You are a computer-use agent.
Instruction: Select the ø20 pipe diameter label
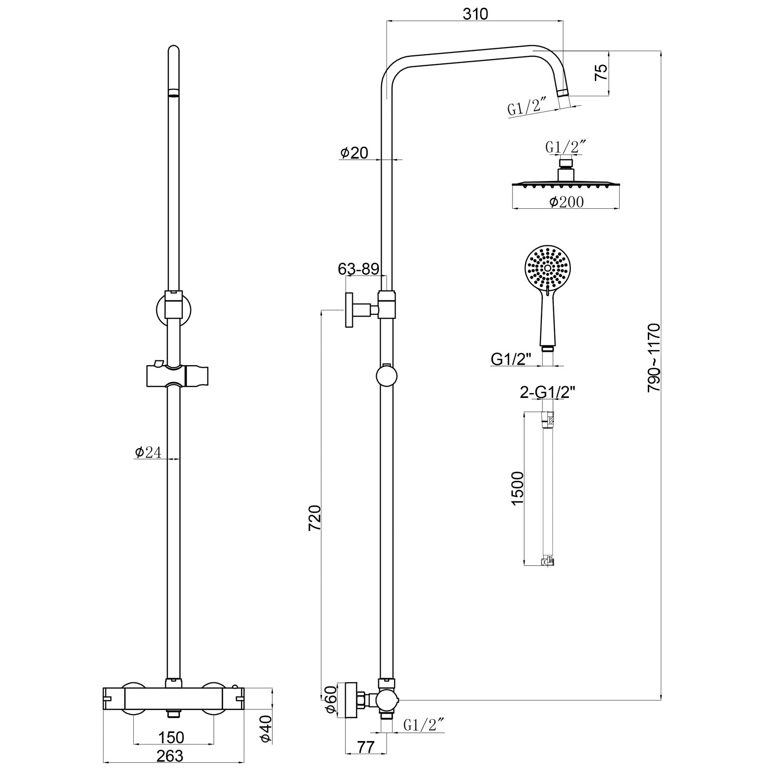tap(354, 153)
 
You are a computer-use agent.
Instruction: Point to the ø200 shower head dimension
tap(566, 202)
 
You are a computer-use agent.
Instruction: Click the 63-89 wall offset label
tap(359, 269)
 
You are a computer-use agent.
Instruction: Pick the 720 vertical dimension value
tap(314, 518)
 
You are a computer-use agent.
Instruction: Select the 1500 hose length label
tap(517, 488)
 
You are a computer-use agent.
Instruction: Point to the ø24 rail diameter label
tap(148, 452)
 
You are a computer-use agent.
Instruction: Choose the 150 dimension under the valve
tap(171, 737)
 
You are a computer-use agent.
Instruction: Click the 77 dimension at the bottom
tap(366, 747)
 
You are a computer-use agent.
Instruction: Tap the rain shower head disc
tap(565, 184)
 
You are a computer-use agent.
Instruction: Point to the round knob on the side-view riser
tap(387, 376)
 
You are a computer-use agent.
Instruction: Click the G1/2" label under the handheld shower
tap(511, 359)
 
